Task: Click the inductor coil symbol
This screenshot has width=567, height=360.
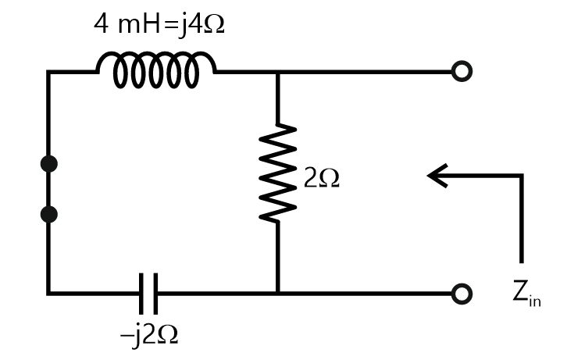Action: point(155,70)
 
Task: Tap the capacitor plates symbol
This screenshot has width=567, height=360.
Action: point(149,294)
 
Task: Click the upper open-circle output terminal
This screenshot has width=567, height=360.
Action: point(462,72)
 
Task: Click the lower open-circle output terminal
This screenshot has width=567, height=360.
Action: point(462,294)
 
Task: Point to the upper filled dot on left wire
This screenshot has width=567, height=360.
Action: point(48,163)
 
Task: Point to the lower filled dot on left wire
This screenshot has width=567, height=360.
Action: point(48,213)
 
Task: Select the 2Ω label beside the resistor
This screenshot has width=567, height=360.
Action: point(321,180)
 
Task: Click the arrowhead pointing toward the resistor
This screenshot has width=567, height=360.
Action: point(434,176)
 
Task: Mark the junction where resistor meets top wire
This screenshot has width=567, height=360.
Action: point(278,72)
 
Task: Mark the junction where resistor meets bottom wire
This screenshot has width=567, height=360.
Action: point(278,294)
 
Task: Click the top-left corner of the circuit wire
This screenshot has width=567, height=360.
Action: point(48,72)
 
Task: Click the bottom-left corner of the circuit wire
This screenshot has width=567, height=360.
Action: point(48,294)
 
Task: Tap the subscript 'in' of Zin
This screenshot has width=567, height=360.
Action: point(535,301)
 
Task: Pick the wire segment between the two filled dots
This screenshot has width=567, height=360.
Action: point(48,188)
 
